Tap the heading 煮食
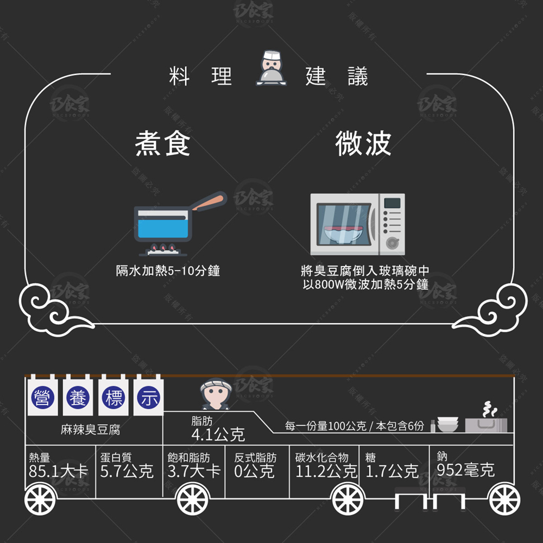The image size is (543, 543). click(162, 144)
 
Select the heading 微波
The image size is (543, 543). click(363, 144)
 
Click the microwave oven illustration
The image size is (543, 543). click(357, 224)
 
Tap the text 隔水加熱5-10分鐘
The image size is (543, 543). click(168, 270)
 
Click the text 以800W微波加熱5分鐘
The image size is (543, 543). click(365, 284)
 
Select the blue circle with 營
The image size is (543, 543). click(43, 397)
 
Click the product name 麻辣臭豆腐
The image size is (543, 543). click(90, 430)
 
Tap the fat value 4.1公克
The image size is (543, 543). click(218, 434)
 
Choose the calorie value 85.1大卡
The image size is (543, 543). click(58, 471)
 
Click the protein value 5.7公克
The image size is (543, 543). click(127, 471)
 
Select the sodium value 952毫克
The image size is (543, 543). click(466, 470)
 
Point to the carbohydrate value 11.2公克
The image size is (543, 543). click(326, 471)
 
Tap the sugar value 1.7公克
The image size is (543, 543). click(392, 471)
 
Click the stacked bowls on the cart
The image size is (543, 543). click(447, 424)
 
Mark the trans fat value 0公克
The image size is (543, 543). click(254, 471)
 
